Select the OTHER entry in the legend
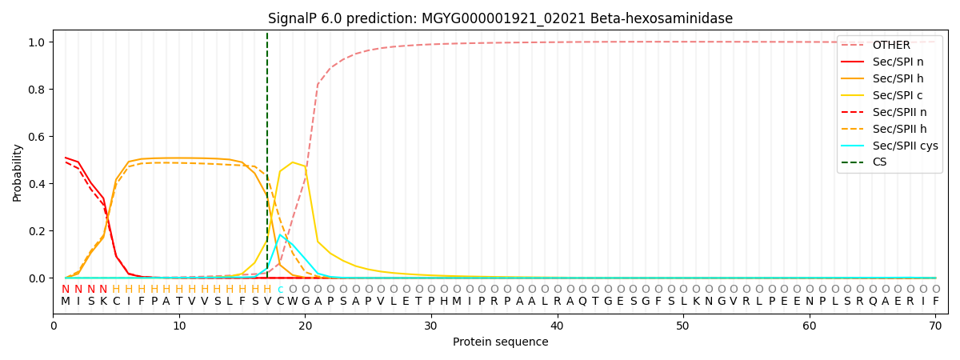[x=890, y=45]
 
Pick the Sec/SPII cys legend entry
[x=905, y=146]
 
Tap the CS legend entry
[x=879, y=162]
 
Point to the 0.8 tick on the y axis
[x=38, y=90]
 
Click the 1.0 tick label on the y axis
[x=38, y=42]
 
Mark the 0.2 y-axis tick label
[x=38, y=231]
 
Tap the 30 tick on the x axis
[x=431, y=326]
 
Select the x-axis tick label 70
[x=935, y=326]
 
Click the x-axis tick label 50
[x=683, y=326]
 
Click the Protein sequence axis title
[x=500, y=342]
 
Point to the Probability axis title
[x=18, y=172]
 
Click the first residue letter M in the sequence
[x=66, y=302]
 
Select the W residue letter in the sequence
[x=293, y=302]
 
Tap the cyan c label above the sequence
[x=280, y=290]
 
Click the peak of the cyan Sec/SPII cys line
[x=280, y=234]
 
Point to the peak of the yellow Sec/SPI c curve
[x=293, y=162]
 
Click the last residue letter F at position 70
[x=935, y=302]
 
